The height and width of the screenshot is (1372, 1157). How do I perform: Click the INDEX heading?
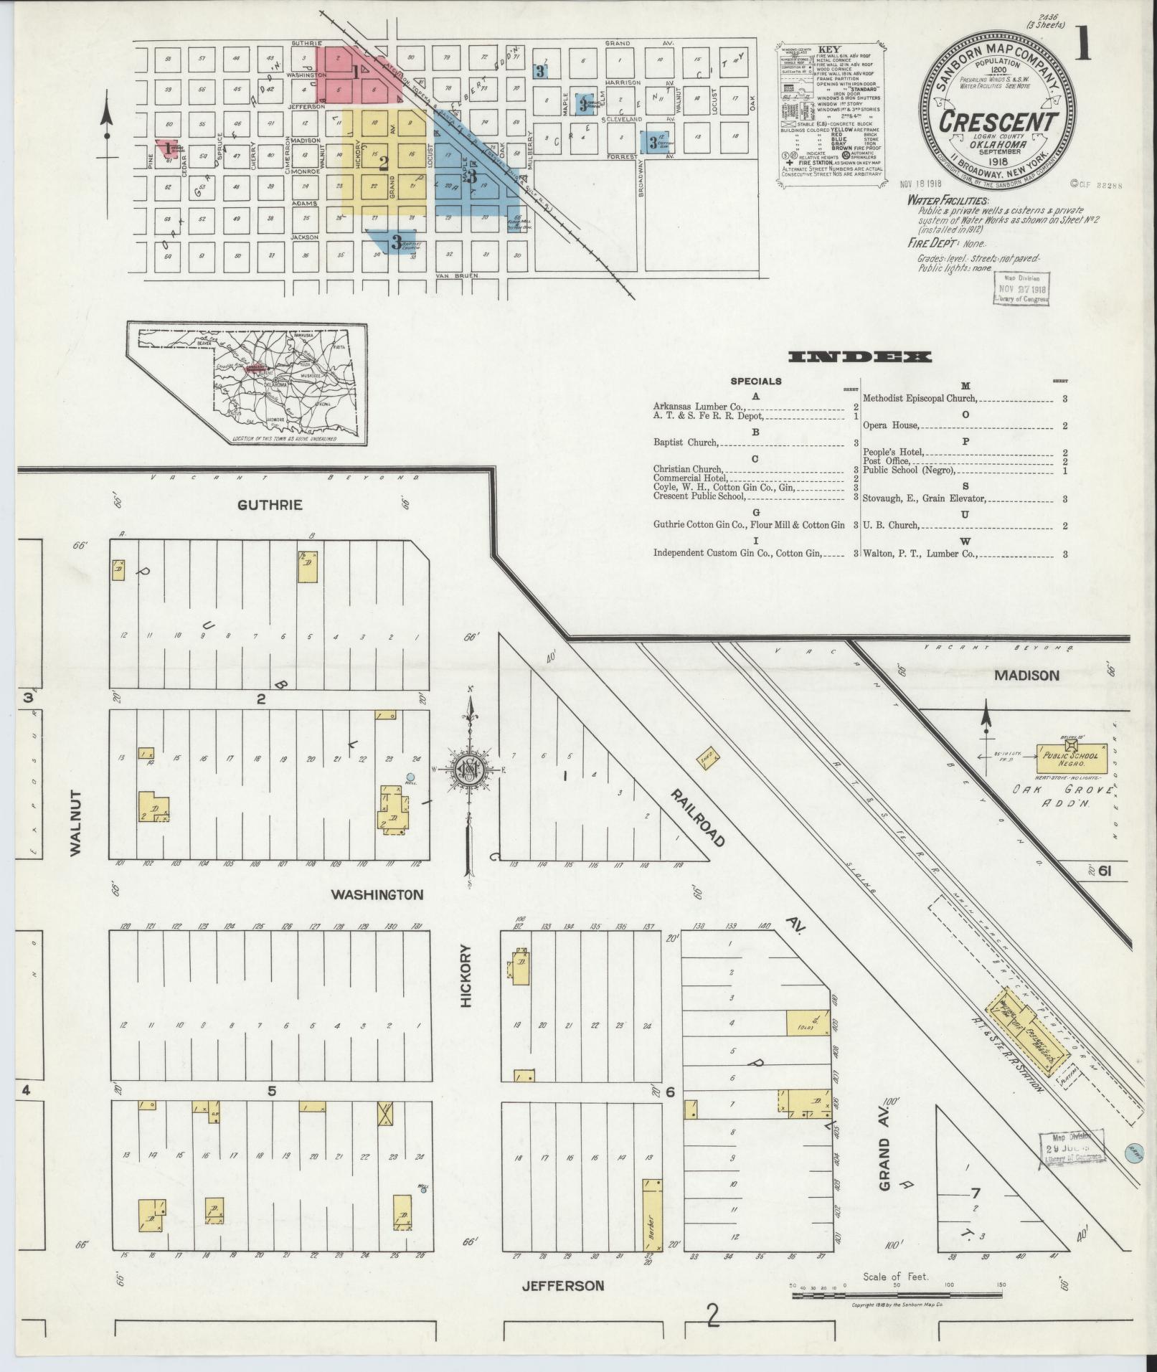click(860, 357)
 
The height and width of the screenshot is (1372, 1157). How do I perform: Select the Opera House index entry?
click(890, 425)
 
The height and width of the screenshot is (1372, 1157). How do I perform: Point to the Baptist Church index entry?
click(684, 443)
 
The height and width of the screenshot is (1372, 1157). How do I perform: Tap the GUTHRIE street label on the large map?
click(270, 505)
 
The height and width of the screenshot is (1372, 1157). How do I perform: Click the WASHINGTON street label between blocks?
click(377, 895)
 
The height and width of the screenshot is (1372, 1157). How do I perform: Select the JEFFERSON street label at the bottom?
click(562, 1286)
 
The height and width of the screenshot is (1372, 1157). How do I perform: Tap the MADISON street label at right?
click(1026, 676)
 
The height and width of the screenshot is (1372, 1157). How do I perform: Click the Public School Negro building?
click(1070, 757)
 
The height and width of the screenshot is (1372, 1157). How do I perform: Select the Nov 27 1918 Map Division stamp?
click(1021, 289)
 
